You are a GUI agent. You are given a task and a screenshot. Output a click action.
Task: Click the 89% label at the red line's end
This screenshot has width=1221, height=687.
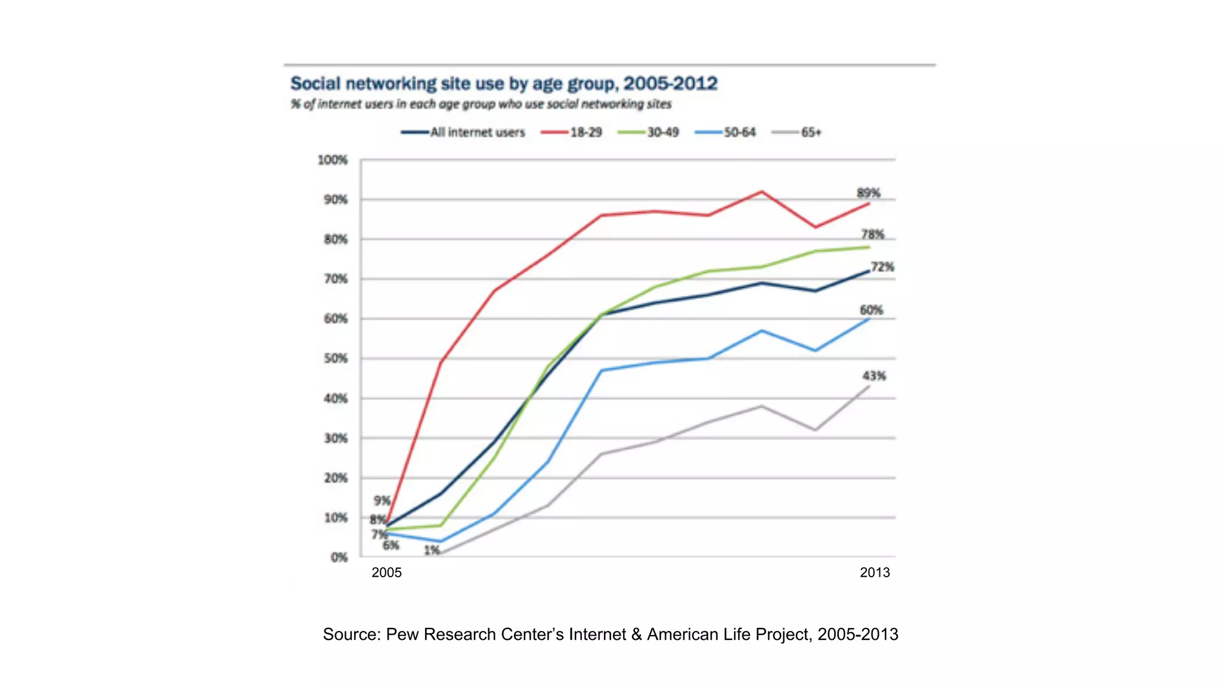(868, 193)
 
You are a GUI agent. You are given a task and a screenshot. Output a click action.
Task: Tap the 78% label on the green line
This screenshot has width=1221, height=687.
(872, 234)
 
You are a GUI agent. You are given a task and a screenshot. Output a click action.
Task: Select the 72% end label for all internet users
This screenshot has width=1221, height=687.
(882, 267)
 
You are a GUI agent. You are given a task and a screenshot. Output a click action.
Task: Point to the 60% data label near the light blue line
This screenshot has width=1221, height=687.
(871, 310)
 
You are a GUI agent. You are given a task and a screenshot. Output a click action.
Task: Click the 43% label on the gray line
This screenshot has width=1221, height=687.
(874, 376)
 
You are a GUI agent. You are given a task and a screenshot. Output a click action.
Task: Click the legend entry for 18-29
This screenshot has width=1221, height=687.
(572, 132)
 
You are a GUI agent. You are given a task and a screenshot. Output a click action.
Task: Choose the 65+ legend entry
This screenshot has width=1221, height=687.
(797, 132)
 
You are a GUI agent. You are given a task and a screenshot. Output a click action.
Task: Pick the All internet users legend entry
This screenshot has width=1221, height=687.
(463, 132)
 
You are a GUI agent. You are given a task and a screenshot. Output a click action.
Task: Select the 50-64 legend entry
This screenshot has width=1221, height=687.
(726, 132)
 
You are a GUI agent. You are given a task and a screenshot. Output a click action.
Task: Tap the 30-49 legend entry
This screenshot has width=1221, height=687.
(649, 132)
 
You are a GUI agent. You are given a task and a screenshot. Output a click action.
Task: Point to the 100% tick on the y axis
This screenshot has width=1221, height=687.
(332, 160)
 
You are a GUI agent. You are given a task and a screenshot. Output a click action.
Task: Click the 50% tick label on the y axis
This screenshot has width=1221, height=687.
(335, 359)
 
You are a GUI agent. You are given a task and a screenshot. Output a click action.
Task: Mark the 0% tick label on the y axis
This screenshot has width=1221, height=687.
(339, 558)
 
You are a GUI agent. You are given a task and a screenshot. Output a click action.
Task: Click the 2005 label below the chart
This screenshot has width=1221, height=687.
(386, 573)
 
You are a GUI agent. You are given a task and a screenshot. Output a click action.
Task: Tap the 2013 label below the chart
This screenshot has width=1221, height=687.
(875, 573)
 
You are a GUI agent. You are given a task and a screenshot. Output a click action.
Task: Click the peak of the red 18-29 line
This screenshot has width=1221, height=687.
(761, 191)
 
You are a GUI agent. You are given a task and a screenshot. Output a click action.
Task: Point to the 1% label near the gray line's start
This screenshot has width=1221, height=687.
(432, 550)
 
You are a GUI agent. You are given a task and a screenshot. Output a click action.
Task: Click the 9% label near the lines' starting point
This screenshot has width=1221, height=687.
(382, 501)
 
